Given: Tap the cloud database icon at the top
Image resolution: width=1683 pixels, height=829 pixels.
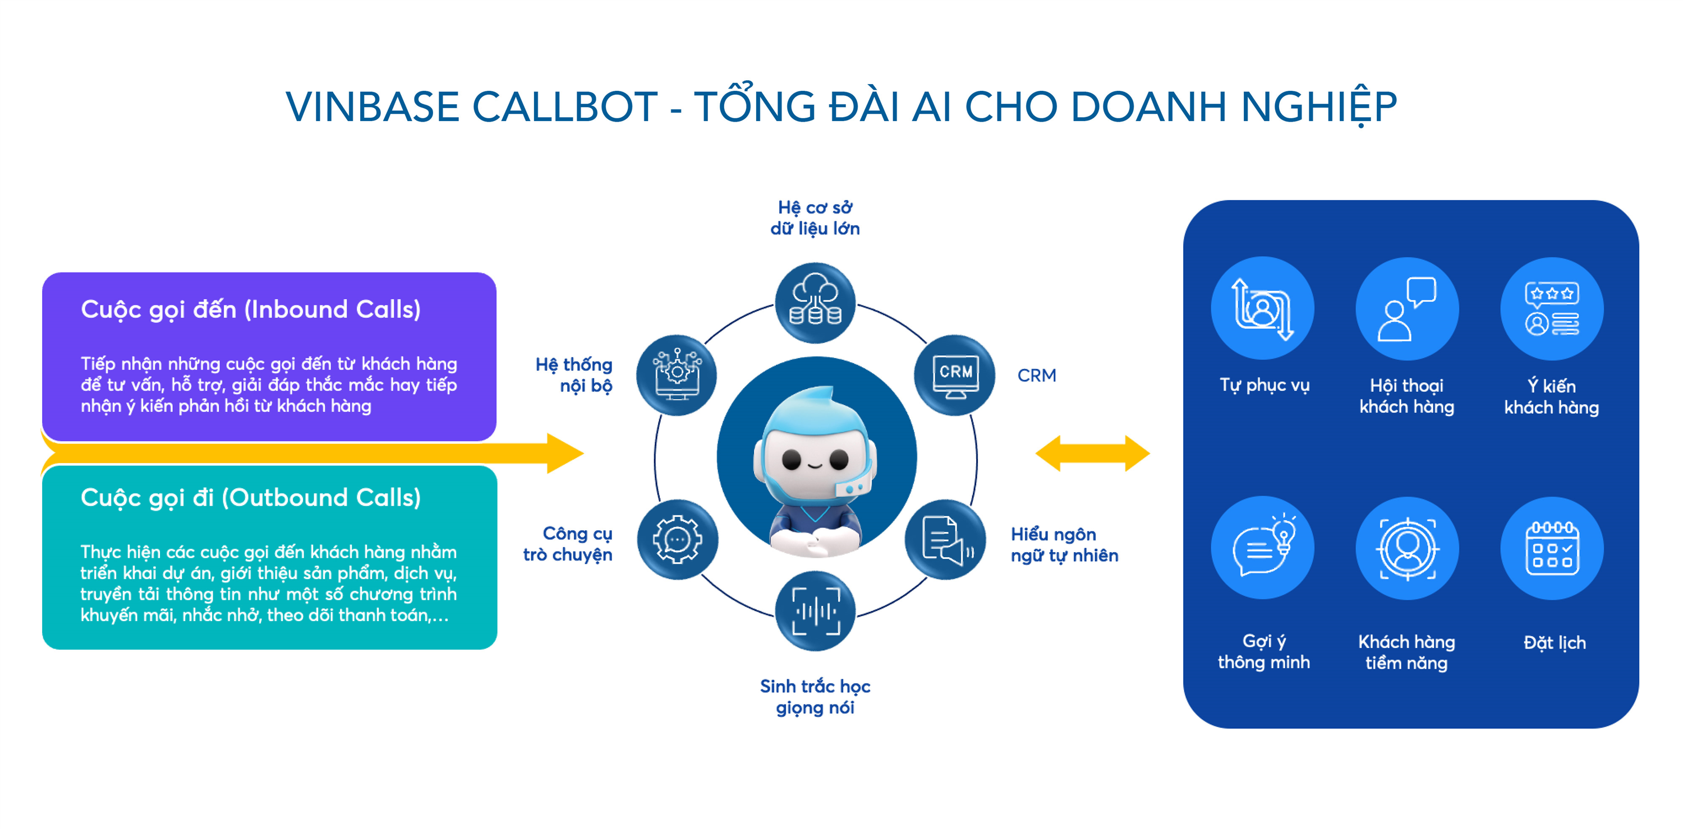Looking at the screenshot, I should point(815,303).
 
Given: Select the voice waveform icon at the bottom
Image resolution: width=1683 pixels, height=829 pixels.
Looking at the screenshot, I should point(815,611).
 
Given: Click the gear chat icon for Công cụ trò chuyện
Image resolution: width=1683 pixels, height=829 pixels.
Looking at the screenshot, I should point(677,540).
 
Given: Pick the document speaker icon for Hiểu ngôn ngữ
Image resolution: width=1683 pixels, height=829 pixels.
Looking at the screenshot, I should point(945,540).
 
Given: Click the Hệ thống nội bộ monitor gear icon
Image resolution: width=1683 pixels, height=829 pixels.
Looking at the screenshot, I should point(677,376).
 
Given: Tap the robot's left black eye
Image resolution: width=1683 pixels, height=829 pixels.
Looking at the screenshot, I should point(791,460).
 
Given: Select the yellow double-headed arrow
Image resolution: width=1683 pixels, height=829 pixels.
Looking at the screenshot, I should point(1092,453).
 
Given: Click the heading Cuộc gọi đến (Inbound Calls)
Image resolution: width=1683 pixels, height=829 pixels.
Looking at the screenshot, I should point(250,309).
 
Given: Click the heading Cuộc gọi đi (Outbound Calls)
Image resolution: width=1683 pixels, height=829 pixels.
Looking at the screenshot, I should point(250,498).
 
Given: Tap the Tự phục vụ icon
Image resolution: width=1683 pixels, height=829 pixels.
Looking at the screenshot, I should point(1262,308).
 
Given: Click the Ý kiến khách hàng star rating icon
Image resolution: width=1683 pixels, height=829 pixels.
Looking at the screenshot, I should point(1552,308).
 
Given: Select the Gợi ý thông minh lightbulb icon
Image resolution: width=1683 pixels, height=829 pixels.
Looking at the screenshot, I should point(1262,548).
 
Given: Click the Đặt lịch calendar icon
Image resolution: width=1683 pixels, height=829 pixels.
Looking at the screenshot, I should point(1552,548).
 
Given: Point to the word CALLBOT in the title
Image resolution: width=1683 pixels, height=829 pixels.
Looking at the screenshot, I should point(564,106).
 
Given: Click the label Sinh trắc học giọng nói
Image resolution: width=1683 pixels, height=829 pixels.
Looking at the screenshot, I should point(815,697).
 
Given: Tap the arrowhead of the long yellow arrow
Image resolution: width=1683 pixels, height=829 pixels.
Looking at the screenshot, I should point(563,453).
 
